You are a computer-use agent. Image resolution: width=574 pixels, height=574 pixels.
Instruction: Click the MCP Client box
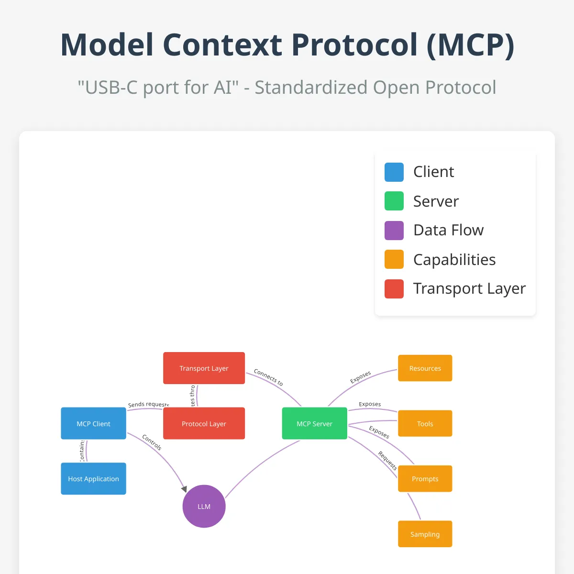[93, 423]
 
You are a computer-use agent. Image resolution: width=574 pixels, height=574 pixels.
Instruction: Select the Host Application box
[93, 478]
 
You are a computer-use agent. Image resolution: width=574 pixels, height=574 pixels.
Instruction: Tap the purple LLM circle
[204, 507]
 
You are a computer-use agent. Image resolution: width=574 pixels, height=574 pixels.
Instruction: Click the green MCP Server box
[314, 423]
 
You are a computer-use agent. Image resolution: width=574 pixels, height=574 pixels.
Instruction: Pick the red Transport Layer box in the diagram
[204, 368]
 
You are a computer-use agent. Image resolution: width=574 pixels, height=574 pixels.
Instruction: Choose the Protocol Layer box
[204, 423]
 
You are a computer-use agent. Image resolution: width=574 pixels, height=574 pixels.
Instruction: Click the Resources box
[425, 368]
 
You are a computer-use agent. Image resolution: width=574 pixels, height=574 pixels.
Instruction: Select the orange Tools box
[425, 423]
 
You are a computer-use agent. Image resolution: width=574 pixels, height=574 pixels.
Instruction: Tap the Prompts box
[425, 478]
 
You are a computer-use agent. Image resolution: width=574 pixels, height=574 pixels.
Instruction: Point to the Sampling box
[425, 534]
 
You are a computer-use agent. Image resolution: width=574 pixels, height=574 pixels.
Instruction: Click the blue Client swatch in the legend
[394, 172]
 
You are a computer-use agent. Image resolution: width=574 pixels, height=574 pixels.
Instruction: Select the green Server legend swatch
[394, 201]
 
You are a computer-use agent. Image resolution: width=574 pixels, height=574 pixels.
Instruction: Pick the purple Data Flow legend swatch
[394, 230]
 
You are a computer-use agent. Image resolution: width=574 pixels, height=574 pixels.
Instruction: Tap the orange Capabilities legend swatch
[394, 259]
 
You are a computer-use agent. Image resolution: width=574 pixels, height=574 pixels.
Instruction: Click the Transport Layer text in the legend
[469, 288]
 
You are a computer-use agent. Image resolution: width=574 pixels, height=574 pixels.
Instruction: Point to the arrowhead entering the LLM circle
[184, 489]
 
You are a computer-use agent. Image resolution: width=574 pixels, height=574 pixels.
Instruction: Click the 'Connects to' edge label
[268, 377]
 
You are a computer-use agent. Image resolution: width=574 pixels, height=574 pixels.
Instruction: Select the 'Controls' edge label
[152, 442]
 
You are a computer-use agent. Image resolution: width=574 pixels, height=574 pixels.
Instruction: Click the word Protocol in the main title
[354, 45]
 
